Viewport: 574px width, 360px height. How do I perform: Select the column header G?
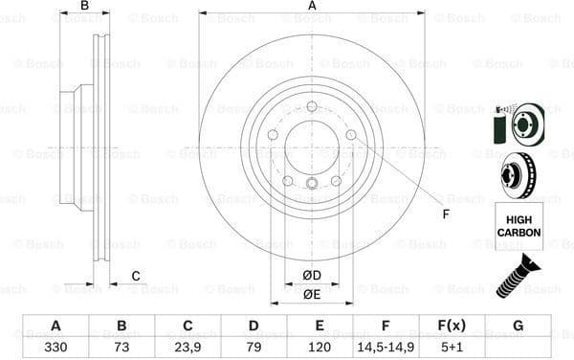[x=518, y=326]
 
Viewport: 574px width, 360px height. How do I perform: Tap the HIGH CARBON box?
[x=518, y=226]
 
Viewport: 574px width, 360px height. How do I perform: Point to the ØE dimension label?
[x=312, y=294]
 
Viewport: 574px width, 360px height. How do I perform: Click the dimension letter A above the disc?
[x=312, y=7]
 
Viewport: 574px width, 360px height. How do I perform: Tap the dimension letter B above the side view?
[x=84, y=7]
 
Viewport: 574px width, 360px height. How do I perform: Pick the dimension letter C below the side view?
[x=136, y=277]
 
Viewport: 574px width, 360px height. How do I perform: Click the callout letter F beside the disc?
[x=445, y=213]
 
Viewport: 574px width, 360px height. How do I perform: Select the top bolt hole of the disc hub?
[x=312, y=106]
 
